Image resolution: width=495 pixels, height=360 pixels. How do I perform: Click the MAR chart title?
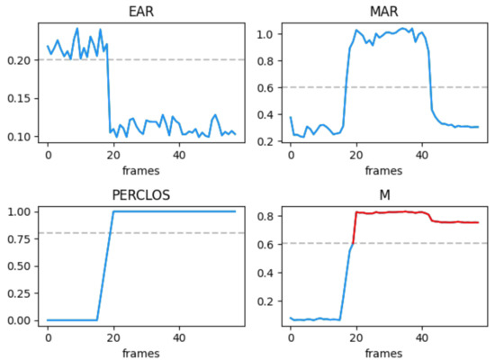pos(384,11)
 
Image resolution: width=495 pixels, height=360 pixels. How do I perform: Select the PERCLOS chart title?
pos(141,193)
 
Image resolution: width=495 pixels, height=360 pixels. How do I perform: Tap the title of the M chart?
pos(384,193)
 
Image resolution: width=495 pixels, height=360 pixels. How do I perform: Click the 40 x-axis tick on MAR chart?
pos(421,157)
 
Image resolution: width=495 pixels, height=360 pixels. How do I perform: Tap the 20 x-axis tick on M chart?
pos(356,338)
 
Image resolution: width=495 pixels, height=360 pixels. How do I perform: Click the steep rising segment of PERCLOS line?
pos(104,266)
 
